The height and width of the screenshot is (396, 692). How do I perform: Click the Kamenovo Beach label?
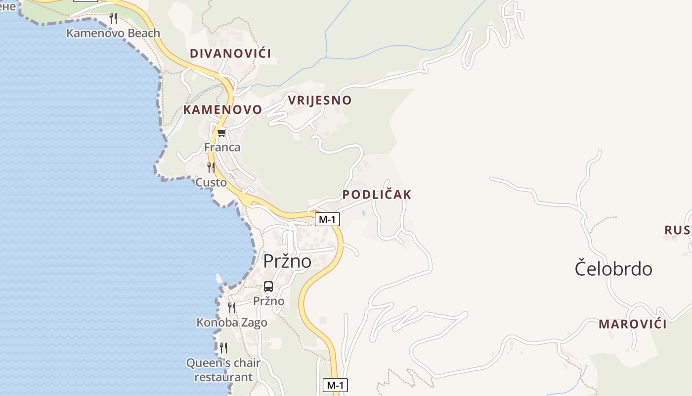113,33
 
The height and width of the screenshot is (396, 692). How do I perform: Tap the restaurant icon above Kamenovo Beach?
113,18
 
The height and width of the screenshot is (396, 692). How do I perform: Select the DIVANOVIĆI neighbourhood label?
230,53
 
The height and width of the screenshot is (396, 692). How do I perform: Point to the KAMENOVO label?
222,110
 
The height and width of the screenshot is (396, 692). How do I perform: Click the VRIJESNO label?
320,100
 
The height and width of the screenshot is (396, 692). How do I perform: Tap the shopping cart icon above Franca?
221,133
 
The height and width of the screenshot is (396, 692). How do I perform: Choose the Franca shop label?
222,147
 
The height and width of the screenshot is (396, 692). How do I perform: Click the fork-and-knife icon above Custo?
211,168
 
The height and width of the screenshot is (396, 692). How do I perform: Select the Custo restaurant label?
211,183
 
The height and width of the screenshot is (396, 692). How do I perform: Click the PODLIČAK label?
377,195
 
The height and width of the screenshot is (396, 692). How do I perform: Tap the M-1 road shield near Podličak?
327,219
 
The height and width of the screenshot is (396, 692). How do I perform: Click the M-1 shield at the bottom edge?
335,385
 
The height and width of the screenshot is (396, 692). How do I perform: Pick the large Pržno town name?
287,261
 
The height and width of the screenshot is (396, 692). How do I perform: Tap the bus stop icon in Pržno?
268,287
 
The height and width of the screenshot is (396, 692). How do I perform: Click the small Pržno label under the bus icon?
268,301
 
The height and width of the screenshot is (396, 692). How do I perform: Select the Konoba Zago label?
232,323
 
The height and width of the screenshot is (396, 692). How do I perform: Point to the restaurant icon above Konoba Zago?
232,308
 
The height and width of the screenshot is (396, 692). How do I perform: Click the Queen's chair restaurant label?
223,370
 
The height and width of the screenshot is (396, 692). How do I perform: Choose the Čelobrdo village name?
613,269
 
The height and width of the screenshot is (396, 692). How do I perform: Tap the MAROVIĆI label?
633,324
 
